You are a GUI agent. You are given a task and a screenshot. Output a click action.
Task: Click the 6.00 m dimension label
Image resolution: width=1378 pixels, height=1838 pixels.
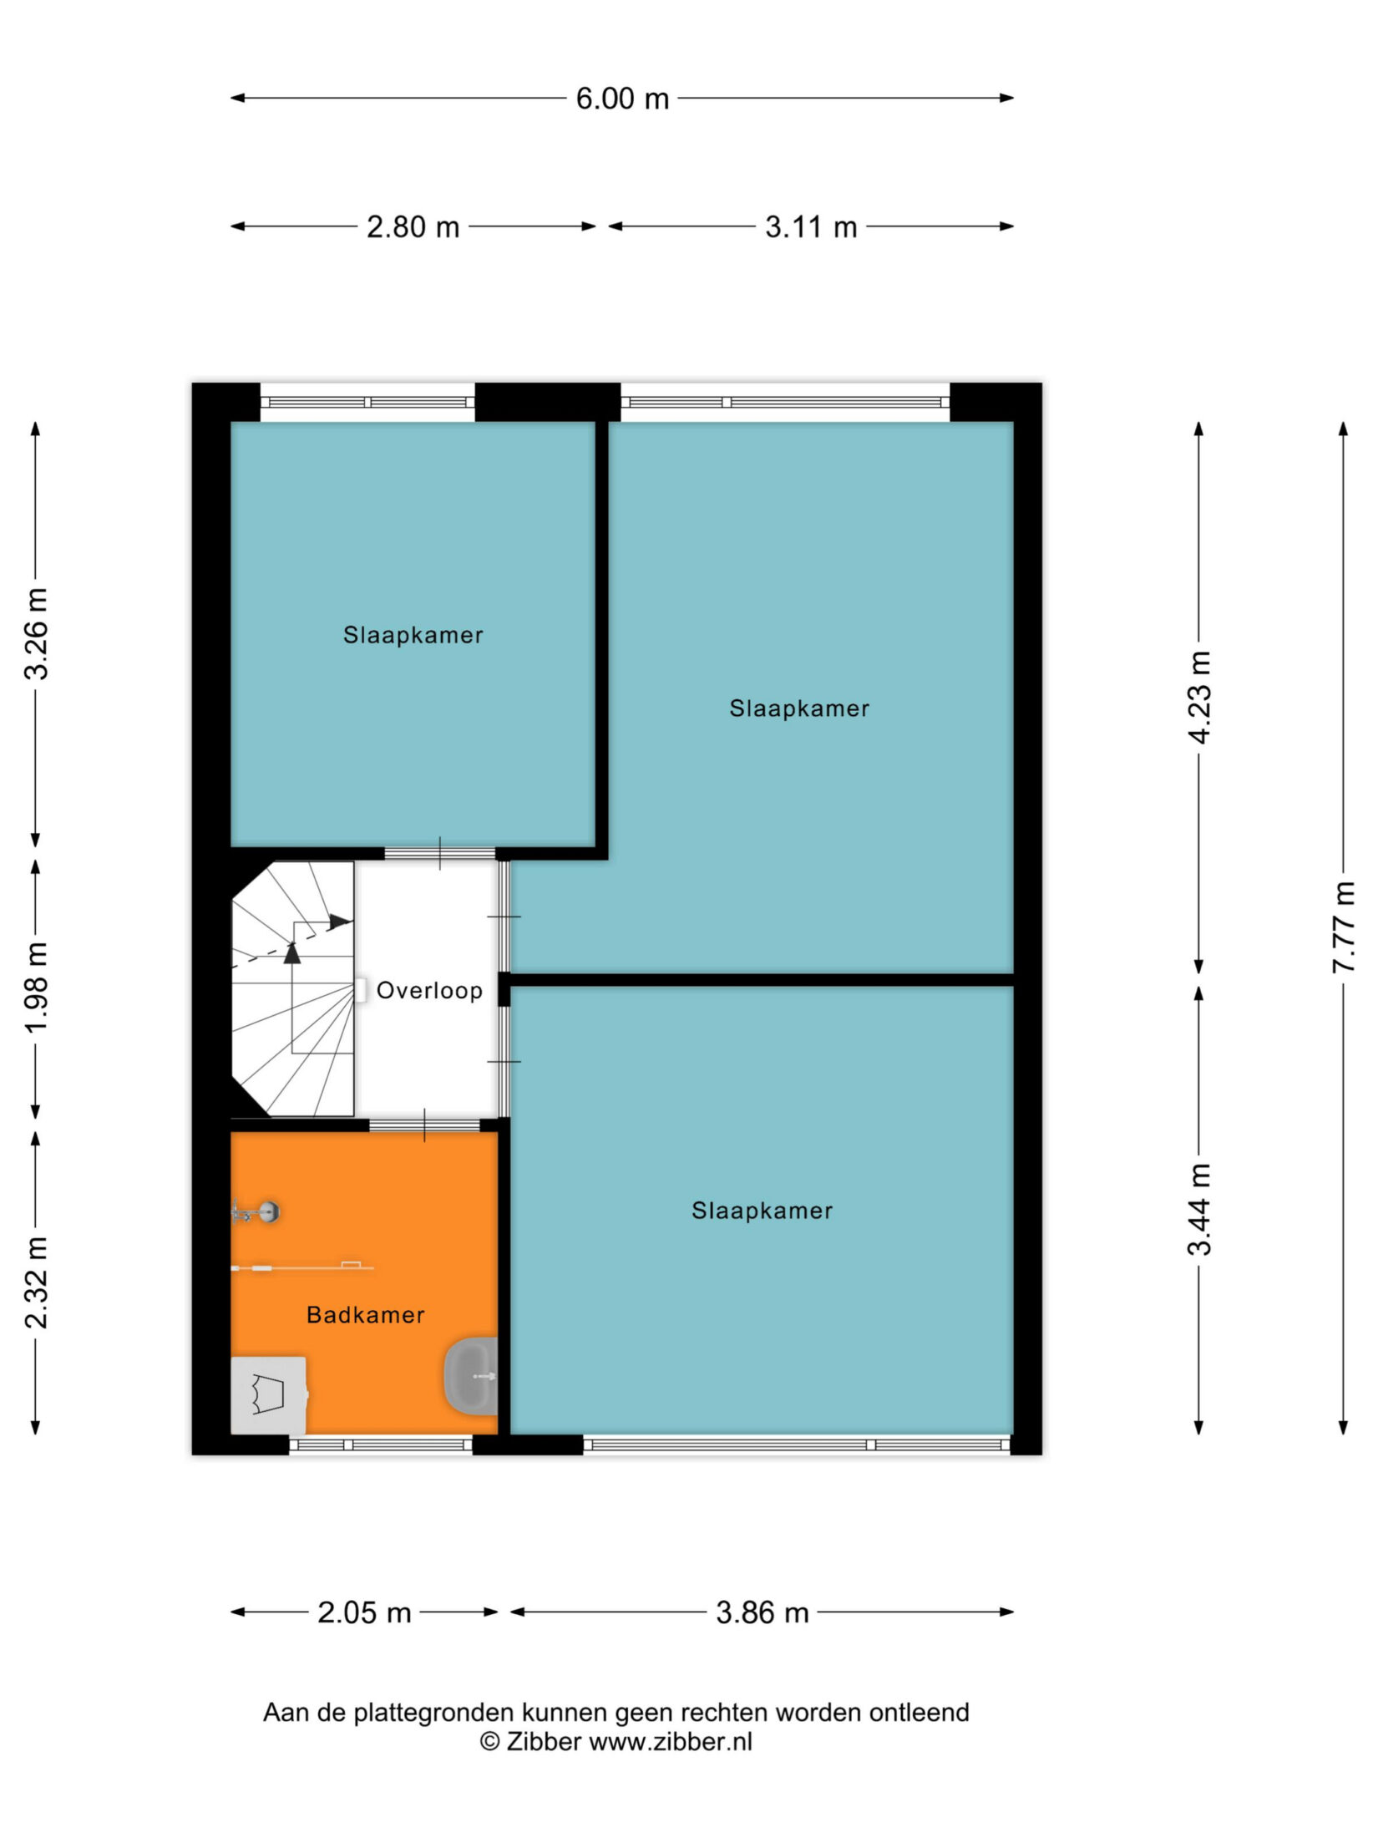(x=622, y=99)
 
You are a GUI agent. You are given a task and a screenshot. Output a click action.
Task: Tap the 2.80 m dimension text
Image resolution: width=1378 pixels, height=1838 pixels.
(x=413, y=227)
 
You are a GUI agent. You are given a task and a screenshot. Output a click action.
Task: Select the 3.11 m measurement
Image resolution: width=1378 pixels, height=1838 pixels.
(x=811, y=227)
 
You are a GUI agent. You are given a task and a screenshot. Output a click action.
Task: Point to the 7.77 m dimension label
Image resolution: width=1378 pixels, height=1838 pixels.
(x=1343, y=927)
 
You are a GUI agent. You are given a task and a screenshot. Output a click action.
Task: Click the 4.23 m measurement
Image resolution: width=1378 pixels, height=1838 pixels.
(x=1199, y=697)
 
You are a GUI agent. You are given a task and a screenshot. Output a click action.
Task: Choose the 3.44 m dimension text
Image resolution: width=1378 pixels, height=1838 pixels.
(x=1199, y=1209)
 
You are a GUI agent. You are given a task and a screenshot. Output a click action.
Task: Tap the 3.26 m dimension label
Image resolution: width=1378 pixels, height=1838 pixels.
(x=36, y=633)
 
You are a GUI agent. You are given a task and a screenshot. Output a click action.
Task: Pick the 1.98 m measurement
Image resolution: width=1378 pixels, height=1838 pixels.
(x=36, y=987)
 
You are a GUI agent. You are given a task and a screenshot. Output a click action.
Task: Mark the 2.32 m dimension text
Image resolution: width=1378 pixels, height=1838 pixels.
(x=36, y=1282)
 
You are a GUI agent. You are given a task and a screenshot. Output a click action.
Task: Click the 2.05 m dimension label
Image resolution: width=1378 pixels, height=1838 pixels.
(x=364, y=1612)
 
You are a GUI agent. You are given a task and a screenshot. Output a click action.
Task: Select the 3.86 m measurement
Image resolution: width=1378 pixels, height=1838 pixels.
(x=762, y=1612)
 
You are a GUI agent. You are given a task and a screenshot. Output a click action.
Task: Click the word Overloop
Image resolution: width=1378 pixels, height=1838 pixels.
(x=429, y=991)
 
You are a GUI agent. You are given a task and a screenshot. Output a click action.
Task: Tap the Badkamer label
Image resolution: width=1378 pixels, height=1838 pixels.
(x=366, y=1315)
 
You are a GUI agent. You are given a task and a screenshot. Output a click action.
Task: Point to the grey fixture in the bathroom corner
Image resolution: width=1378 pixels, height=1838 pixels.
(x=268, y=1394)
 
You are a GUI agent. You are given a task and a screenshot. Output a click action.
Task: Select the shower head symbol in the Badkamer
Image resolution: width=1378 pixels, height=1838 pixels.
(x=256, y=1211)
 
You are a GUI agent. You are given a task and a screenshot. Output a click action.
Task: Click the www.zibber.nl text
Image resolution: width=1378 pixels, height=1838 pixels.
(x=671, y=1741)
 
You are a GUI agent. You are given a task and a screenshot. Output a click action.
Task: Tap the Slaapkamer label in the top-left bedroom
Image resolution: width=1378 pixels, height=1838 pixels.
(x=413, y=635)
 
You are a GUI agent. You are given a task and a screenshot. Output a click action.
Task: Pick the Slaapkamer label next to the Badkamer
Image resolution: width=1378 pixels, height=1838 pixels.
(x=762, y=1211)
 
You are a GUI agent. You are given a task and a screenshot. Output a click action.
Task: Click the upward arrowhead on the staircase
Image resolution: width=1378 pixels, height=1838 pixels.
(x=292, y=953)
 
